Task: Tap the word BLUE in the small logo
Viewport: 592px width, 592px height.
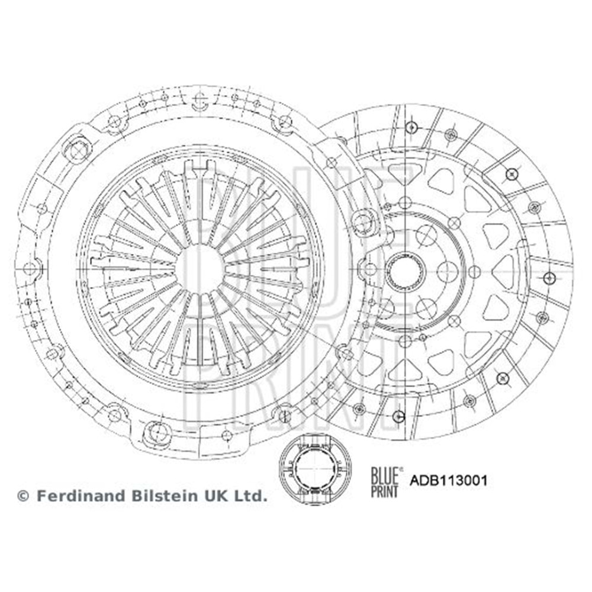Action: tap(384, 474)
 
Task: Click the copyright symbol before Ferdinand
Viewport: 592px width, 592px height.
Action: tap(22, 496)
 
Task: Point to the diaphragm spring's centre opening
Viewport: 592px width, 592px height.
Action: tap(200, 269)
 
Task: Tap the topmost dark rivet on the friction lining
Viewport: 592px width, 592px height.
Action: tap(413, 127)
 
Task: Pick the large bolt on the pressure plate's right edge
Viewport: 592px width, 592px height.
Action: tap(363, 221)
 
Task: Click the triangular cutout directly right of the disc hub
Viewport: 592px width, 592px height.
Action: tap(503, 271)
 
